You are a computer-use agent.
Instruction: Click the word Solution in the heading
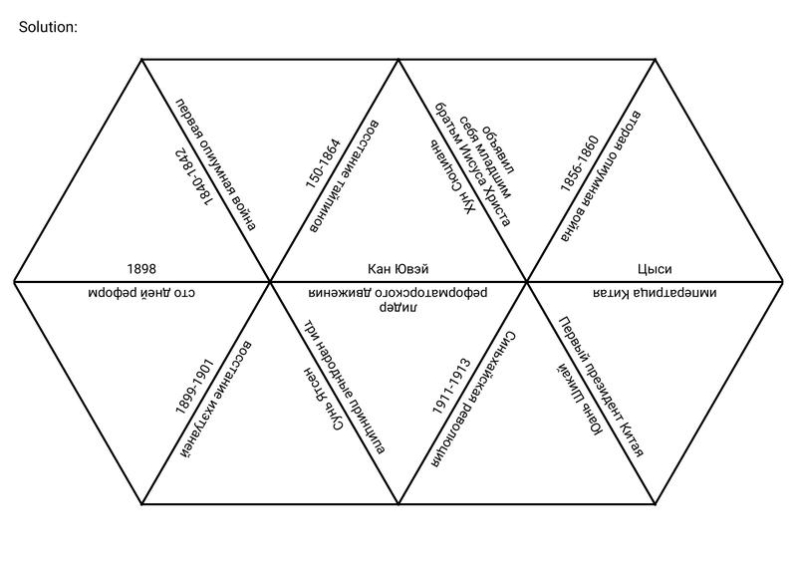[x=47, y=27]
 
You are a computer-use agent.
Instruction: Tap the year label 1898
[x=141, y=268]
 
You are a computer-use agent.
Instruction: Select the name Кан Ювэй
[x=398, y=268]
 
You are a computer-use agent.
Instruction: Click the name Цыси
[x=655, y=268]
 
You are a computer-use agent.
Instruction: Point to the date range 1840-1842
[x=192, y=177]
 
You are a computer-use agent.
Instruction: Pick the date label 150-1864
[x=323, y=162]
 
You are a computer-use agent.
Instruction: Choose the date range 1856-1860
[x=580, y=163]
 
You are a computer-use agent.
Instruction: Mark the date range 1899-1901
[x=194, y=387]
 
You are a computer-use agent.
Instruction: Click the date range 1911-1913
[x=451, y=387]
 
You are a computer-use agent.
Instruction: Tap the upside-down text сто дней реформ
[x=141, y=293]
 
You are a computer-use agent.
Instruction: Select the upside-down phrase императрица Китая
[x=655, y=293]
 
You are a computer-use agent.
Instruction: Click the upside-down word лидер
[x=398, y=307]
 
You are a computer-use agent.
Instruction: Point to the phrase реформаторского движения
[x=398, y=293]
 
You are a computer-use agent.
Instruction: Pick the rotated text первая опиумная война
[x=216, y=164]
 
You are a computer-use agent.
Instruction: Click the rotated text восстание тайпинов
[x=344, y=176]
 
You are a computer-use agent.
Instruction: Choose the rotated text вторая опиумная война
[x=601, y=175]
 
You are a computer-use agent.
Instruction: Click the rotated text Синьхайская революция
[x=474, y=400]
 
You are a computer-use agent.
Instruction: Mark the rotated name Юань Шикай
[x=579, y=401]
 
